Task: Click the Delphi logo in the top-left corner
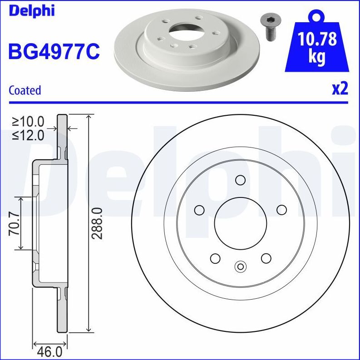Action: coord(31,10)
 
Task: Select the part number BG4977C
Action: coord(54,51)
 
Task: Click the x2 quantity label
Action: coord(340,89)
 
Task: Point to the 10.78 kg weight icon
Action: coord(317,45)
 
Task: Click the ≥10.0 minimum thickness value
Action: coord(28,121)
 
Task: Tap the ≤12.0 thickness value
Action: coord(28,135)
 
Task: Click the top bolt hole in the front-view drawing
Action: coord(241,180)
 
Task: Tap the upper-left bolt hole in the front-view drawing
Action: coord(199,210)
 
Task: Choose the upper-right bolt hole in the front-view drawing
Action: coord(281,210)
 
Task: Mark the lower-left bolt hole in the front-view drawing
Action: coord(215,258)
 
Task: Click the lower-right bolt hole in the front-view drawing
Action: coord(266,258)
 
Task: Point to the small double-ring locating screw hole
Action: coord(241,266)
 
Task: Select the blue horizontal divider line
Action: coord(180,102)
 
